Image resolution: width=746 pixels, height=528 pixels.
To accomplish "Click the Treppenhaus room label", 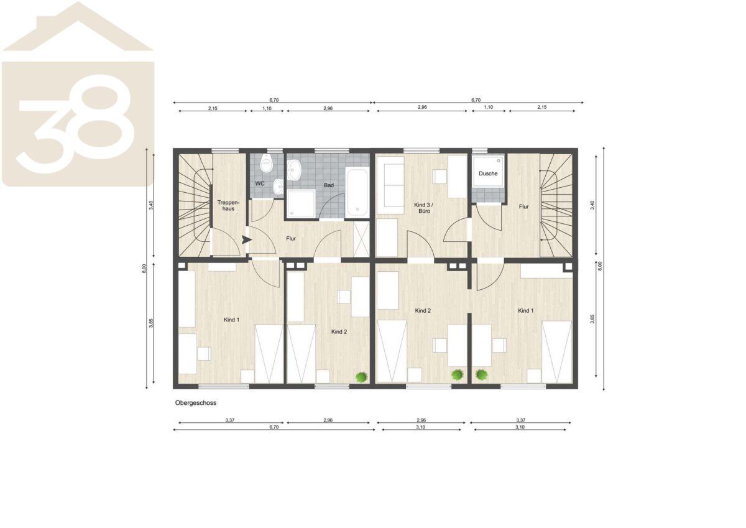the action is tap(228, 205).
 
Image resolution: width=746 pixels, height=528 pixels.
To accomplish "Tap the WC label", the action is tap(260, 183).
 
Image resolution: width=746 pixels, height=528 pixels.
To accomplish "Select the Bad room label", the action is tap(329, 185).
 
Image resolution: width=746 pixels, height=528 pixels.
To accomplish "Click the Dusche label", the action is tap(488, 174).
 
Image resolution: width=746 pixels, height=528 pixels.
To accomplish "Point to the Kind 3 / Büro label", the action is tap(424, 208).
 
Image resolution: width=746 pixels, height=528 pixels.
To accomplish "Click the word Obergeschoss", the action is tap(196, 403).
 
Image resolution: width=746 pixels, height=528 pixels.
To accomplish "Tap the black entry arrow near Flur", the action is tap(246, 239).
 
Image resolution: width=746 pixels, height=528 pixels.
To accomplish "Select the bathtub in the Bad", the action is tap(357, 192).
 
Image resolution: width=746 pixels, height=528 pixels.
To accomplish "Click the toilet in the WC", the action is tap(267, 164).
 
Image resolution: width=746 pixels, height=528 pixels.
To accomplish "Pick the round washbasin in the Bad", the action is tap(294, 169).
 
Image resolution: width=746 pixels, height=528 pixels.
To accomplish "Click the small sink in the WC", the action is tap(278, 186).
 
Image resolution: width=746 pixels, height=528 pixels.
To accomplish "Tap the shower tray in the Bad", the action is tap(302, 203).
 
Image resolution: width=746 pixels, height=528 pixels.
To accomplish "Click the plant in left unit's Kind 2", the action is tap(361, 377).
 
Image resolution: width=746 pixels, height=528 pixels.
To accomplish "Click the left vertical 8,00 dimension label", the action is tap(144, 269).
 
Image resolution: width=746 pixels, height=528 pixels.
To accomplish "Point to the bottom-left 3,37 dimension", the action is tap(230, 420).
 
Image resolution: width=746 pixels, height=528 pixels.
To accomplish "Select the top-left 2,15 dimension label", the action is tap(213, 108).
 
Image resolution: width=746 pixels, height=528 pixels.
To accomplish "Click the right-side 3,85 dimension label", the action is tap(592, 319).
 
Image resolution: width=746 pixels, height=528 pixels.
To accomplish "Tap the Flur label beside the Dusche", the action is tap(523, 206).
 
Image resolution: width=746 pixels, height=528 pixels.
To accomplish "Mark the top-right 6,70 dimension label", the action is tap(476, 100).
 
